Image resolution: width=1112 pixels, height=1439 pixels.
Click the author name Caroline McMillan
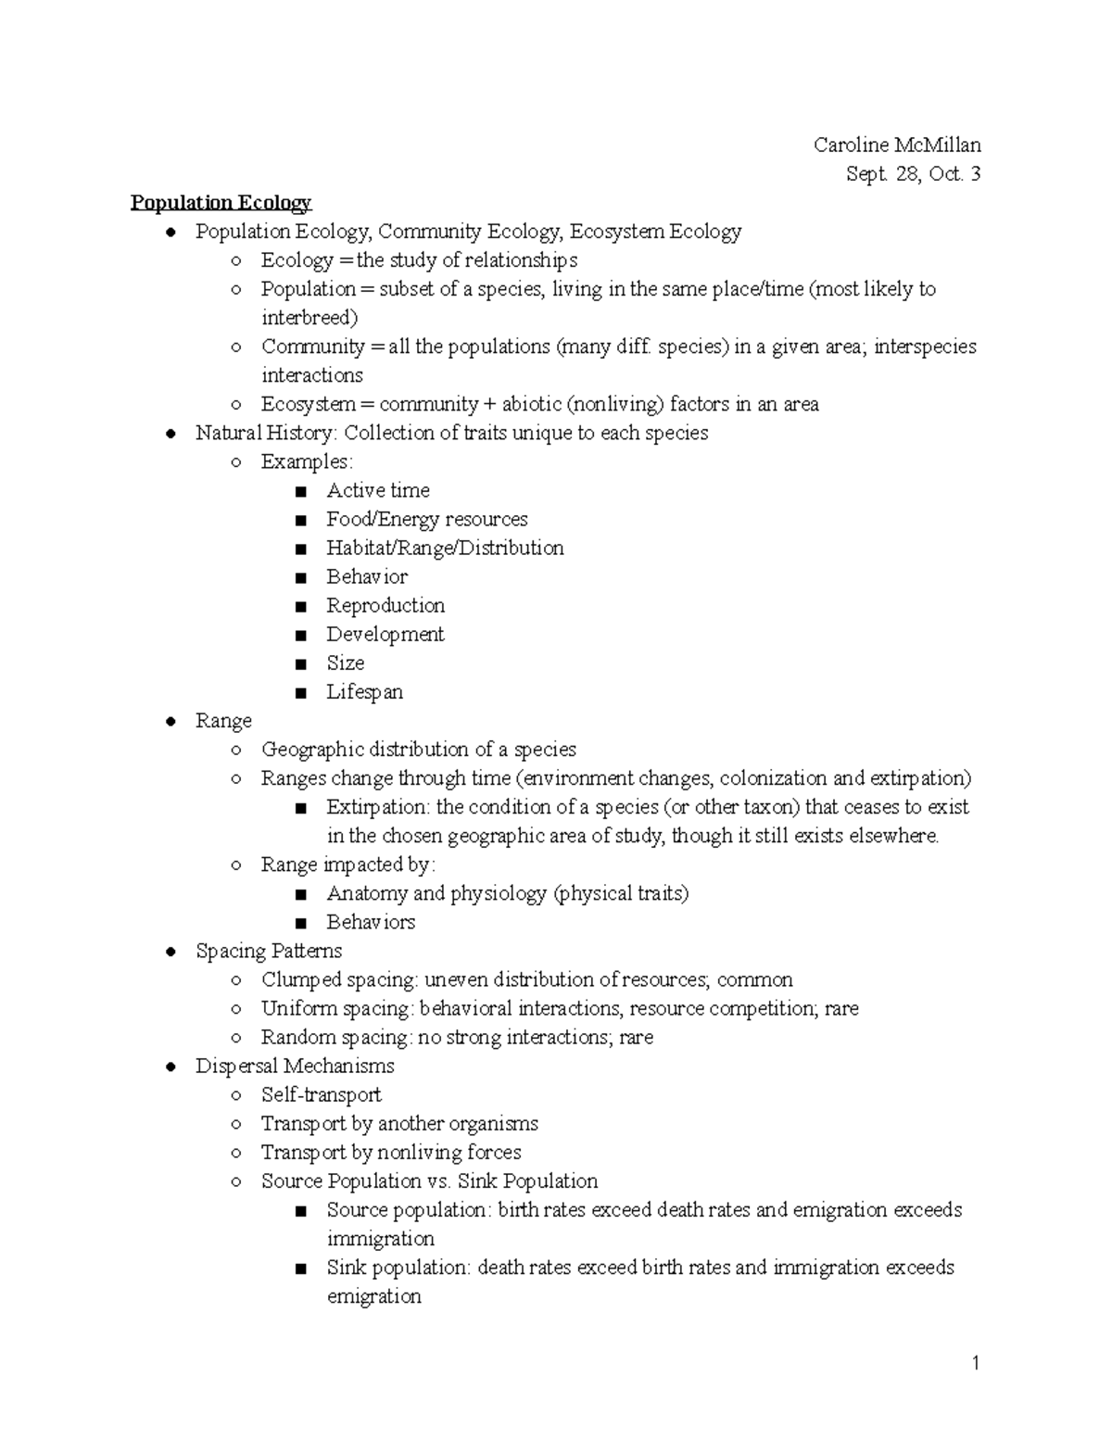(897, 145)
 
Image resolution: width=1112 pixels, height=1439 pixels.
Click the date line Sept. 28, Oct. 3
(913, 173)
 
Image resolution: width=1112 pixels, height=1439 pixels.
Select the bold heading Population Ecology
(221, 202)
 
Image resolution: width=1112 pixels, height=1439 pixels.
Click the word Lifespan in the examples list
(364, 691)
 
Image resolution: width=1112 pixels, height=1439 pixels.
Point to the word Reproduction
(385, 605)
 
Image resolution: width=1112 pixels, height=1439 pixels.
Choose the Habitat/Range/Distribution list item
(445, 548)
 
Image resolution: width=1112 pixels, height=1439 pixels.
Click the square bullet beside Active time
(299, 491)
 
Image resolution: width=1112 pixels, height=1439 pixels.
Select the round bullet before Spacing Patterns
(170, 952)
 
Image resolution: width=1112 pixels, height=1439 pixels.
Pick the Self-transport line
(321, 1094)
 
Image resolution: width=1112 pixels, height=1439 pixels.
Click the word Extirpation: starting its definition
(378, 806)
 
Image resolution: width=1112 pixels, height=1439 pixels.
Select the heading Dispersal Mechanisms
(295, 1066)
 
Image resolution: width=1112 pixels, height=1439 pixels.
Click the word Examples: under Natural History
(307, 461)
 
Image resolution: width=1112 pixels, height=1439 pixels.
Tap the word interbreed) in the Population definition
(309, 318)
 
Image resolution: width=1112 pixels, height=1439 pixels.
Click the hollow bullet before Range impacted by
(236, 865)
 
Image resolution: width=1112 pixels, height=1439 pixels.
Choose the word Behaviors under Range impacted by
(371, 922)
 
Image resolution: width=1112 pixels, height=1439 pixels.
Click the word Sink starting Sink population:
(346, 1267)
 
